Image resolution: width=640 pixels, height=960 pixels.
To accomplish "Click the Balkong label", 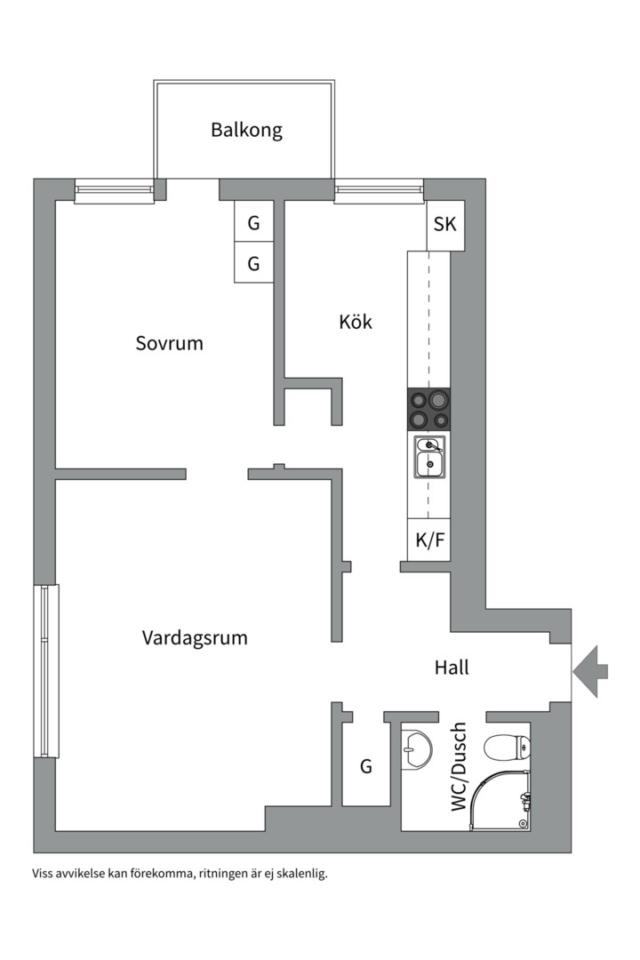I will tap(246, 130).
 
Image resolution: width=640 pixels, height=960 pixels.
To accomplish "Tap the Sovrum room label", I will tap(169, 342).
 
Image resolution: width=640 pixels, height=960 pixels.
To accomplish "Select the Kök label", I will tap(356, 321).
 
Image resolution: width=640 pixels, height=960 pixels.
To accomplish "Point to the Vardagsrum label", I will tap(195, 637).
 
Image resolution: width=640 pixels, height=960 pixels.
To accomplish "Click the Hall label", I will tap(452, 667).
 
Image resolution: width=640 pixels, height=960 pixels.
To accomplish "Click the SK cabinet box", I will tap(444, 224).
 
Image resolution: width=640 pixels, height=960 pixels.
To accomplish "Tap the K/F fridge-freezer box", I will tap(429, 540).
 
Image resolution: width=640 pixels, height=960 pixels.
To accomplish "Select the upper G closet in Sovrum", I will tap(253, 223).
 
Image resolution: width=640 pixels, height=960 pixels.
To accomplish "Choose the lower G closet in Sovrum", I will tap(253, 264).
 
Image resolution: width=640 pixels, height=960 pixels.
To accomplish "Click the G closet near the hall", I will tap(365, 766).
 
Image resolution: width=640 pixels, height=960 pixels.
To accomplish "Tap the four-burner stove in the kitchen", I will tap(428, 410).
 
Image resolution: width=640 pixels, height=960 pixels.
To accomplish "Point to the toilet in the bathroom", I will tap(502, 748).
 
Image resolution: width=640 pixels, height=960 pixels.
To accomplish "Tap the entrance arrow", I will tap(590, 672).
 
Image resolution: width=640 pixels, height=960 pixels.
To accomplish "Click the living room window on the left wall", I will tap(46, 671).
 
